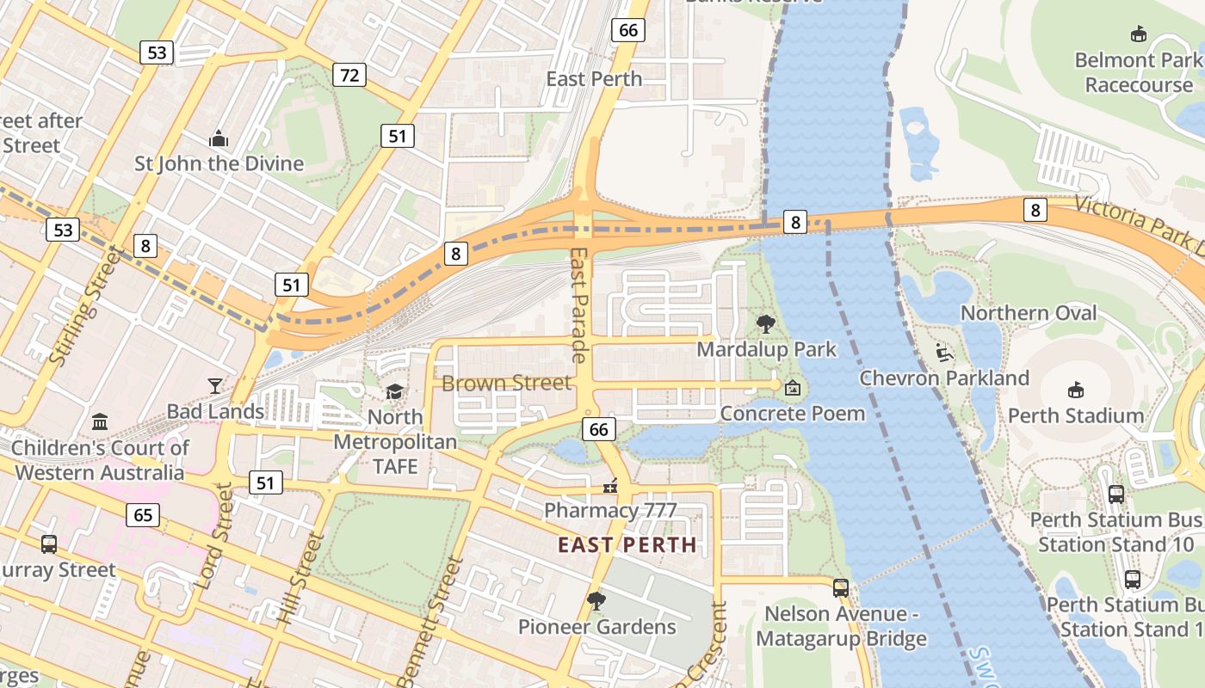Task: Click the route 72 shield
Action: (349, 75)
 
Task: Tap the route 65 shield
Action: (143, 515)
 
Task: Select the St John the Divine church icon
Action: (219, 138)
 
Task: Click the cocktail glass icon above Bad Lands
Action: (215, 386)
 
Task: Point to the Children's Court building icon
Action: (100, 422)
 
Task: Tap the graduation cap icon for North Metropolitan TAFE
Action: (394, 392)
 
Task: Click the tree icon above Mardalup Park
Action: (765, 324)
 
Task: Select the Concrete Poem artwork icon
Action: (793, 389)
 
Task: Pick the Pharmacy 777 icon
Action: (611, 486)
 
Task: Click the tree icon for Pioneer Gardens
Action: (596, 601)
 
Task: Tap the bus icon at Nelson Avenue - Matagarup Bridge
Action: (841, 588)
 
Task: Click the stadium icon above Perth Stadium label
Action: (1075, 390)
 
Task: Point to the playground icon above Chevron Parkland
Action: (944, 353)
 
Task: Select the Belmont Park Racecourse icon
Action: (1139, 34)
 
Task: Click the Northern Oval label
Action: (1029, 313)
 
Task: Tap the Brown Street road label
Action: (506, 383)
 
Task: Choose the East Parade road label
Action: (578, 305)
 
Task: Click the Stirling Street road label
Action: (77, 305)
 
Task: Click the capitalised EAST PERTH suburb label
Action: (627, 544)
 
